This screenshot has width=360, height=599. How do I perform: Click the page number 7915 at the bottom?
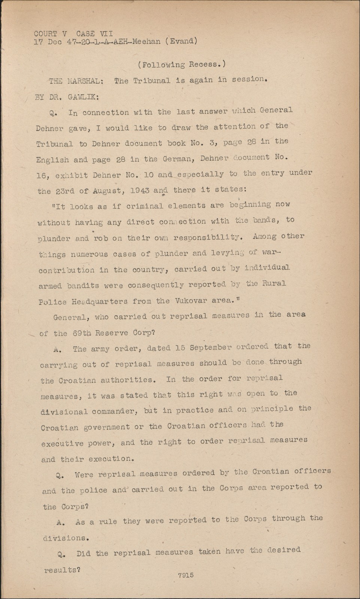[x=186, y=575]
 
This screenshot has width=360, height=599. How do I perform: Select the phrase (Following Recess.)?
[x=182, y=64]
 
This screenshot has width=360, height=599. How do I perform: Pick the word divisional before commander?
[x=64, y=411]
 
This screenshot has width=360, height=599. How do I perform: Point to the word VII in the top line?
[x=106, y=34]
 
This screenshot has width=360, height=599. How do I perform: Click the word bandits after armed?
[x=83, y=285]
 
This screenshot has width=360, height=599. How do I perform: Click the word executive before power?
[x=62, y=444]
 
